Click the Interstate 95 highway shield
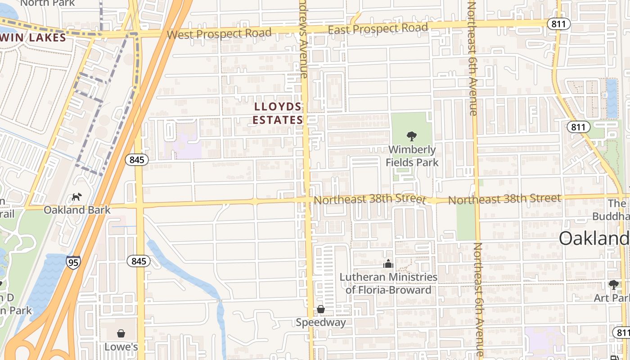[x=73, y=262]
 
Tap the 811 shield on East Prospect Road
[x=559, y=24]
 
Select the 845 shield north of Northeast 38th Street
[x=137, y=159]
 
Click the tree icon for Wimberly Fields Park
[x=411, y=136]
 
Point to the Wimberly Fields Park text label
[x=412, y=156]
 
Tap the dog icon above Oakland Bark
[x=77, y=197]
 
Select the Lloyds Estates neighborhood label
[x=278, y=113]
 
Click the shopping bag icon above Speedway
[x=321, y=309]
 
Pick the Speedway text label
[x=321, y=322]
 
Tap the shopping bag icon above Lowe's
[x=121, y=333]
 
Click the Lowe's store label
[x=121, y=347]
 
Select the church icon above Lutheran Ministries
[x=388, y=264]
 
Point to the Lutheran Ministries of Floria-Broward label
[x=388, y=283]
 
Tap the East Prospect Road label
[x=378, y=29]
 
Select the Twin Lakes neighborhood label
[x=34, y=38]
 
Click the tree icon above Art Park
[x=613, y=284]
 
